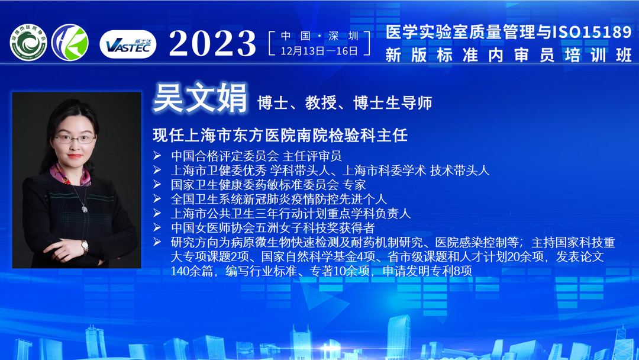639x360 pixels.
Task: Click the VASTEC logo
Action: point(128,44)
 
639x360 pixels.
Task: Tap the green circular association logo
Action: point(28,43)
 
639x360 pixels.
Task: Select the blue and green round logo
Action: point(70,43)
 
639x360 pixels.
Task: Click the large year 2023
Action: point(212,43)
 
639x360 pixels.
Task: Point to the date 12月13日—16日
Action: point(319,51)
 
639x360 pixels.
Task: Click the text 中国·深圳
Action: point(319,36)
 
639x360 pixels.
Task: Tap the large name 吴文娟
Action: point(200,98)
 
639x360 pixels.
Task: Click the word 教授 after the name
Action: point(321,103)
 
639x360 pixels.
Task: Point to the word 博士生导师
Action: point(393,103)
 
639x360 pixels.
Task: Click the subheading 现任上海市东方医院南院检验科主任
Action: point(280,136)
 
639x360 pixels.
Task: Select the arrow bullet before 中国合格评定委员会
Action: point(157,155)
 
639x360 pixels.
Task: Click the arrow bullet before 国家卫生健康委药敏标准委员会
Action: point(157,184)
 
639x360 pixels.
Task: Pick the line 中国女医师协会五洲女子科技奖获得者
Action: point(273,227)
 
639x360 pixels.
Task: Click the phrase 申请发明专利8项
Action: point(427,271)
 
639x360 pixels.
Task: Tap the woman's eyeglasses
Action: point(75,139)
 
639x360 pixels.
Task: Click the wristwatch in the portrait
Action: point(85,246)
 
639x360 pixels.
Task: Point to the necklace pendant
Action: point(85,209)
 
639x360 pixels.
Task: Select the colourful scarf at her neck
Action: point(69,175)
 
